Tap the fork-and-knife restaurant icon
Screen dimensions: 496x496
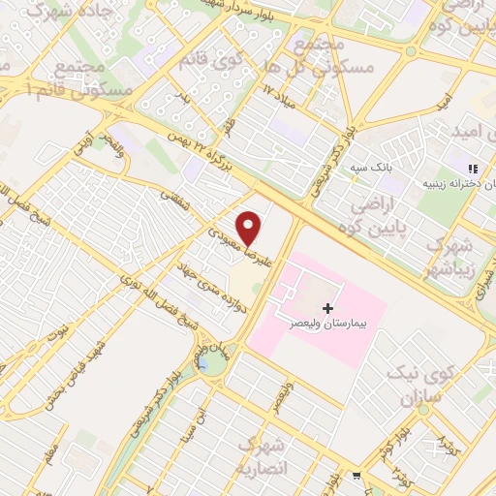pos(474,168)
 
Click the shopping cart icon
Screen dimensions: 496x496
pos(356,476)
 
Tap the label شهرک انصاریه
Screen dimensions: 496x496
pos(263,454)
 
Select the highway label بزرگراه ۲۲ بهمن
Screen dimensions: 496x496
pos(198,154)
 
